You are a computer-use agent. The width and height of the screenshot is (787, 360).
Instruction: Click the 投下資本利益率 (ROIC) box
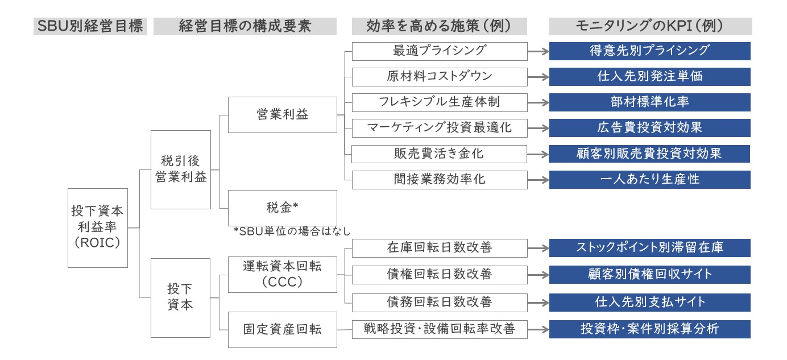tap(98, 228)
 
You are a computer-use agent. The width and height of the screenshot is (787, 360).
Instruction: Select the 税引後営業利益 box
tap(181, 169)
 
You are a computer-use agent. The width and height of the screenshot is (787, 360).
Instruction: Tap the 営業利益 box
tap(283, 115)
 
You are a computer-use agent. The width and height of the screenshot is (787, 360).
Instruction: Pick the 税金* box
tap(283, 208)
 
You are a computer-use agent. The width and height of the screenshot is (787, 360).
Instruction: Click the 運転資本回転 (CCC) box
tap(283, 275)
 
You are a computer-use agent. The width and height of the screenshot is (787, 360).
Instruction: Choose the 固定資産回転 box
tap(283, 330)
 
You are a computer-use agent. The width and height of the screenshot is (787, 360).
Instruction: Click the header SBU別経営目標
tap(90, 26)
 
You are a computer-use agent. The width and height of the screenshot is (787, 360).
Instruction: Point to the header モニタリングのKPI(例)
tap(651, 26)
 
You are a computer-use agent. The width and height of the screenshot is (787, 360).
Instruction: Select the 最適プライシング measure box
tap(440, 51)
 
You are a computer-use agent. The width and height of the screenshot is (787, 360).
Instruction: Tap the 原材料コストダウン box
tap(440, 77)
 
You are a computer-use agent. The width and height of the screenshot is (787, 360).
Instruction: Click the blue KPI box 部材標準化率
tap(650, 102)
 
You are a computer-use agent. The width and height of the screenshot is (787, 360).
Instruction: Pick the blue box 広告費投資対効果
tap(650, 128)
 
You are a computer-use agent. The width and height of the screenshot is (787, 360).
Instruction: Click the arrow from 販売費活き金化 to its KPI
tap(538, 154)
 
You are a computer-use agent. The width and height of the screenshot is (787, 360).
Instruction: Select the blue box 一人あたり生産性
tap(650, 180)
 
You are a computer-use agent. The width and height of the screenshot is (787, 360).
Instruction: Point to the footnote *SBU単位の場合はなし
tap(292, 231)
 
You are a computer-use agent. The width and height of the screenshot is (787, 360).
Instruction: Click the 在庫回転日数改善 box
tap(440, 248)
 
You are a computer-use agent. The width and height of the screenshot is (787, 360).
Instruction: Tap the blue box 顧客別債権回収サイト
tap(650, 274)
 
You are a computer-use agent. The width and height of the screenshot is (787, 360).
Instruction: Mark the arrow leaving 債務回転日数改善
tap(538, 303)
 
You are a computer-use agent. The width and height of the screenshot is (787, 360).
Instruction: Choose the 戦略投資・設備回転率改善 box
tap(440, 329)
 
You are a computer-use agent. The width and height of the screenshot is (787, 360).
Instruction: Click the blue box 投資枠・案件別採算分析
tap(650, 329)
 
